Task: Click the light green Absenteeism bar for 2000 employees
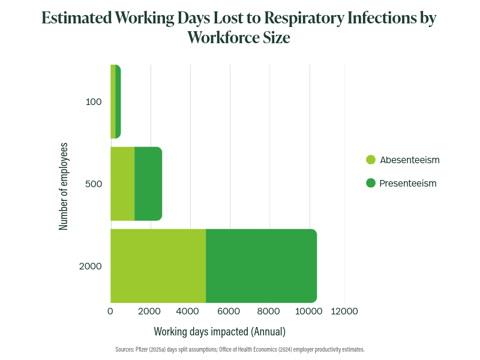pos(158,266)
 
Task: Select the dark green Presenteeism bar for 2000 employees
pos(261,266)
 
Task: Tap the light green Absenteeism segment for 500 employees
pos(122,184)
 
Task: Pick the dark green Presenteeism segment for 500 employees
pos(148,184)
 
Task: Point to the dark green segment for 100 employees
pos(118,102)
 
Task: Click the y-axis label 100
pos(94,102)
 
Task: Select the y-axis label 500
pos(94,184)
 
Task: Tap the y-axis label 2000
pos(91,266)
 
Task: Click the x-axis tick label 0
pos(110,311)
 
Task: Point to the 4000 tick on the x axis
pos(190,311)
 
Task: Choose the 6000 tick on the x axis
pos(230,311)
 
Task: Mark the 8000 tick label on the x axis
pos(269,311)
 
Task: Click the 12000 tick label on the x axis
pos(344,311)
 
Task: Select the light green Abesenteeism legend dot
pos(371,160)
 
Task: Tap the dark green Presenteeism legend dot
pos(371,183)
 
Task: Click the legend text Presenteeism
pos(408,183)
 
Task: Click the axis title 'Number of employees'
pos(64,186)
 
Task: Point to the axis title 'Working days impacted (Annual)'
pos(220,331)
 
